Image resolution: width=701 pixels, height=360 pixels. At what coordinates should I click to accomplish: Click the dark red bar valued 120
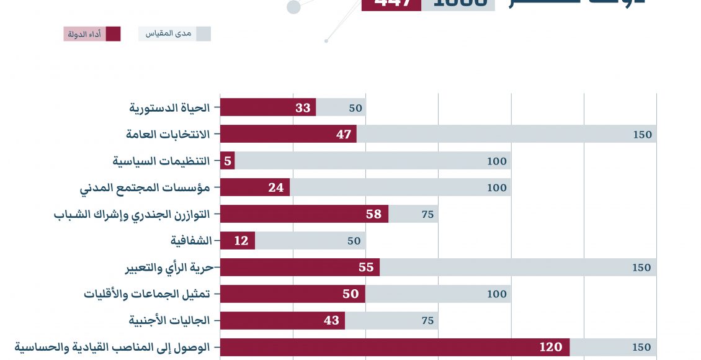(395, 347)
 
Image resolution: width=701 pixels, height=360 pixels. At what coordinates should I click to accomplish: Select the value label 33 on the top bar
(303, 107)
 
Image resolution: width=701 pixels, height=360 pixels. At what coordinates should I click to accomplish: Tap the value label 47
(344, 134)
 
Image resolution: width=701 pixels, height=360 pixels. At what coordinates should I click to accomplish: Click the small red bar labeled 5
(228, 161)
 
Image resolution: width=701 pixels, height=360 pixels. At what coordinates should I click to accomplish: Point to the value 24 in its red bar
(275, 187)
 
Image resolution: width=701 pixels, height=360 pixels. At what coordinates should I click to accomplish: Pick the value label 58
(373, 214)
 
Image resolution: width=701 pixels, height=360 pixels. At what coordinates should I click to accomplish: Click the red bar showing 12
(238, 241)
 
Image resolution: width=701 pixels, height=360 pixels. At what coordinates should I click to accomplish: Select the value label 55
(365, 268)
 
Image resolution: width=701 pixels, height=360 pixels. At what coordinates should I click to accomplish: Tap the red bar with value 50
(292, 294)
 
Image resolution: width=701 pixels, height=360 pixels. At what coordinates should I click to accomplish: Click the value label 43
(331, 320)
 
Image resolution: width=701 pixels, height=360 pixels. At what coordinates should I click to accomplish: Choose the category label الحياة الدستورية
(169, 107)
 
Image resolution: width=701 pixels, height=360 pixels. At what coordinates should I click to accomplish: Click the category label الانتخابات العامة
(167, 134)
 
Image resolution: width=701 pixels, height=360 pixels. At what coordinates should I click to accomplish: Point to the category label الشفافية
(191, 241)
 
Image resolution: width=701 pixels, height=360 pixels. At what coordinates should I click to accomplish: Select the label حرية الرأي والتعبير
(169, 268)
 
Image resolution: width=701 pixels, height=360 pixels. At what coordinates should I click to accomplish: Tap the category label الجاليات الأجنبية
(169, 320)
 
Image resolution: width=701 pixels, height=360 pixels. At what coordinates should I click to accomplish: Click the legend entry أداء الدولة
(92, 34)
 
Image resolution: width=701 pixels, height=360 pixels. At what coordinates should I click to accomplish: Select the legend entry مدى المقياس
(174, 34)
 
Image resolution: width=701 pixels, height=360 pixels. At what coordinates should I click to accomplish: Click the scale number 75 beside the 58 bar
(427, 215)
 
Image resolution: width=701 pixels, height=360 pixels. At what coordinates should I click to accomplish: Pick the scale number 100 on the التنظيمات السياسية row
(497, 161)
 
